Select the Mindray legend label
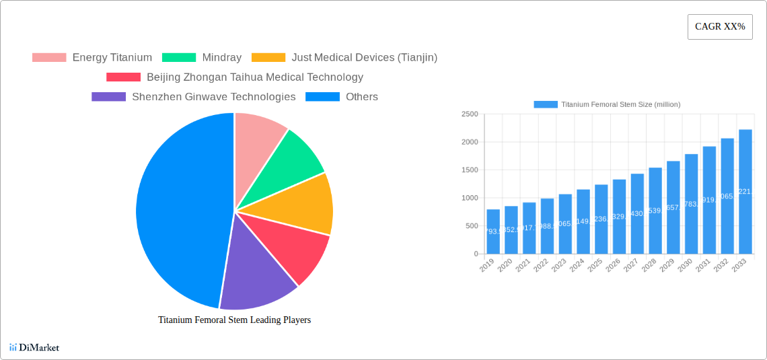[x=221, y=58]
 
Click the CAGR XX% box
[x=719, y=27]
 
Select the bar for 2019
[x=493, y=231]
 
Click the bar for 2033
[x=745, y=192]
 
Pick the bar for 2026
[x=619, y=217]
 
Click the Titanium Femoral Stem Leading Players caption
[x=234, y=320]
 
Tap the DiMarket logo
[x=34, y=348]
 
